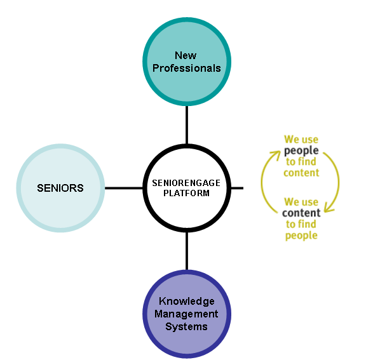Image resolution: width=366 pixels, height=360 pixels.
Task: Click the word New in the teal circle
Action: (186, 55)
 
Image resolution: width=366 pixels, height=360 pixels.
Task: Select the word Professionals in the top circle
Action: (187, 68)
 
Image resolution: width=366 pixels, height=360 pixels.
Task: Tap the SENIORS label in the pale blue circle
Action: (60, 188)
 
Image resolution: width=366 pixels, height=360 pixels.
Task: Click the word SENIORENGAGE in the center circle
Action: (186, 183)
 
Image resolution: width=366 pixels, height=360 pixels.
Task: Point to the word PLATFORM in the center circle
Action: (186, 193)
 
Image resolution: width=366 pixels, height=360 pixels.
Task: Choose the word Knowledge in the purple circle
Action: (187, 302)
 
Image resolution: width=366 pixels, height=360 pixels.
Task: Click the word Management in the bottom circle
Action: (186, 314)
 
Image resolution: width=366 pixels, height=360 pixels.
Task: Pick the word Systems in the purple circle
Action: (186, 326)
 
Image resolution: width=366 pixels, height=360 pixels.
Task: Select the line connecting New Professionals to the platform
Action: (187, 125)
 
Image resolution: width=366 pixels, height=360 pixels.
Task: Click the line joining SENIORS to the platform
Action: (124, 188)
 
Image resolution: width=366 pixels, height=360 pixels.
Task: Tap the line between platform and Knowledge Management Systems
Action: (187, 251)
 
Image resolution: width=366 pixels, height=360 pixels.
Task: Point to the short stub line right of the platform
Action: (237, 188)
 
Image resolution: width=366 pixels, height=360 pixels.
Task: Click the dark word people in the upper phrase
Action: (301, 151)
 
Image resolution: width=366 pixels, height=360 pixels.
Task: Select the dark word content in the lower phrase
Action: (301, 213)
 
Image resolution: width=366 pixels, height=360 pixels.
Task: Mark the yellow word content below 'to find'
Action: (301, 173)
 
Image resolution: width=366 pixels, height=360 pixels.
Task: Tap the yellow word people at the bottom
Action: (301, 236)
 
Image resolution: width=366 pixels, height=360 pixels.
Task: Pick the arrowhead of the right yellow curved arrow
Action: (329, 208)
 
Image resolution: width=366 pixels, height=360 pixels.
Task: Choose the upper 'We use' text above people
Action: (301, 140)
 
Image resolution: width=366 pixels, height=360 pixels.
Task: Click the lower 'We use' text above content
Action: (301, 202)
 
